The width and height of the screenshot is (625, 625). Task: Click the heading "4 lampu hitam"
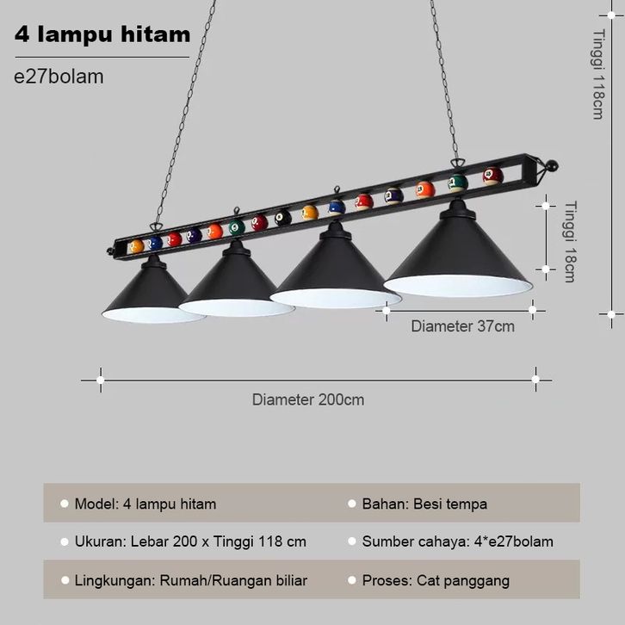[102, 35]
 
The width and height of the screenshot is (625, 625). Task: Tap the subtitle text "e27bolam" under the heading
[59, 77]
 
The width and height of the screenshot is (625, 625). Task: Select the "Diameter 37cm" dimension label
[462, 326]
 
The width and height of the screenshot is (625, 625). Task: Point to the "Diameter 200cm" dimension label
[307, 399]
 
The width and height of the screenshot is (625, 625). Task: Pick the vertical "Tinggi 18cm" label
[570, 241]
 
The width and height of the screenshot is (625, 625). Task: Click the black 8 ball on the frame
[283, 218]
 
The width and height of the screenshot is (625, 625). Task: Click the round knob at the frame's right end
[552, 164]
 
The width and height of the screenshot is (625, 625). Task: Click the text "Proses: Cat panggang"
[436, 580]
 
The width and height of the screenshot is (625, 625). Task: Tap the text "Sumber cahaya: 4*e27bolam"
[457, 541]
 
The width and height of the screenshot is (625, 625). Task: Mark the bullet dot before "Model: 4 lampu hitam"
[64, 504]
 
